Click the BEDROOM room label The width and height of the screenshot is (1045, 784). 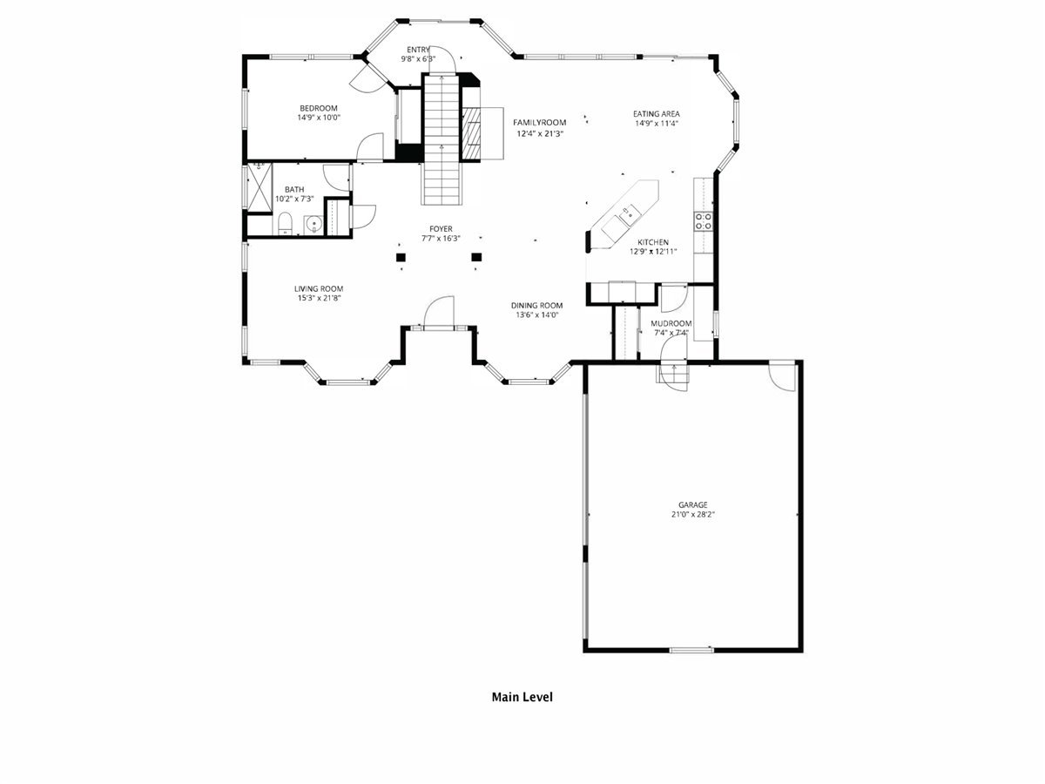(x=319, y=109)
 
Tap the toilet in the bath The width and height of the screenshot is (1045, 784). (x=285, y=224)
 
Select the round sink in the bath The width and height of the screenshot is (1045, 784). (x=314, y=225)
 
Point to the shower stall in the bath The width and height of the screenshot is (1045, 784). (x=260, y=187)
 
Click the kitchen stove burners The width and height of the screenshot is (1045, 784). (x=704, y=221)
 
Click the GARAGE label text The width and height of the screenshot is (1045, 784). (x=692, y=504)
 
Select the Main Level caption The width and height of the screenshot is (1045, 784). (x=522, y=698)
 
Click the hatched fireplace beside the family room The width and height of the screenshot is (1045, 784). (x=472, y=133)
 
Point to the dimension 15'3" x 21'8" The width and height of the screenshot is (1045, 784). (x=319, y=299)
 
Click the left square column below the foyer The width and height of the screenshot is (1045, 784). (x=401, y=258)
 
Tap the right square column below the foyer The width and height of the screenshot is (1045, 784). (x=476, y=258)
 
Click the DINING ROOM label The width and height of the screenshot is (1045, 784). (x=537, y=306)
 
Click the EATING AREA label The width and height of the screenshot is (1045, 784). (x=657, y=114)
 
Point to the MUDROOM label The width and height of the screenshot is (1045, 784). (x=671, y=324)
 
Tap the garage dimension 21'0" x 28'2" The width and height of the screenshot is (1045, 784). (x=693, y=514)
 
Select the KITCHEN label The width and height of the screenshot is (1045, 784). (x=653, y=242)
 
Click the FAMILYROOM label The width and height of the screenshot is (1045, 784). (x=540, y=123)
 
